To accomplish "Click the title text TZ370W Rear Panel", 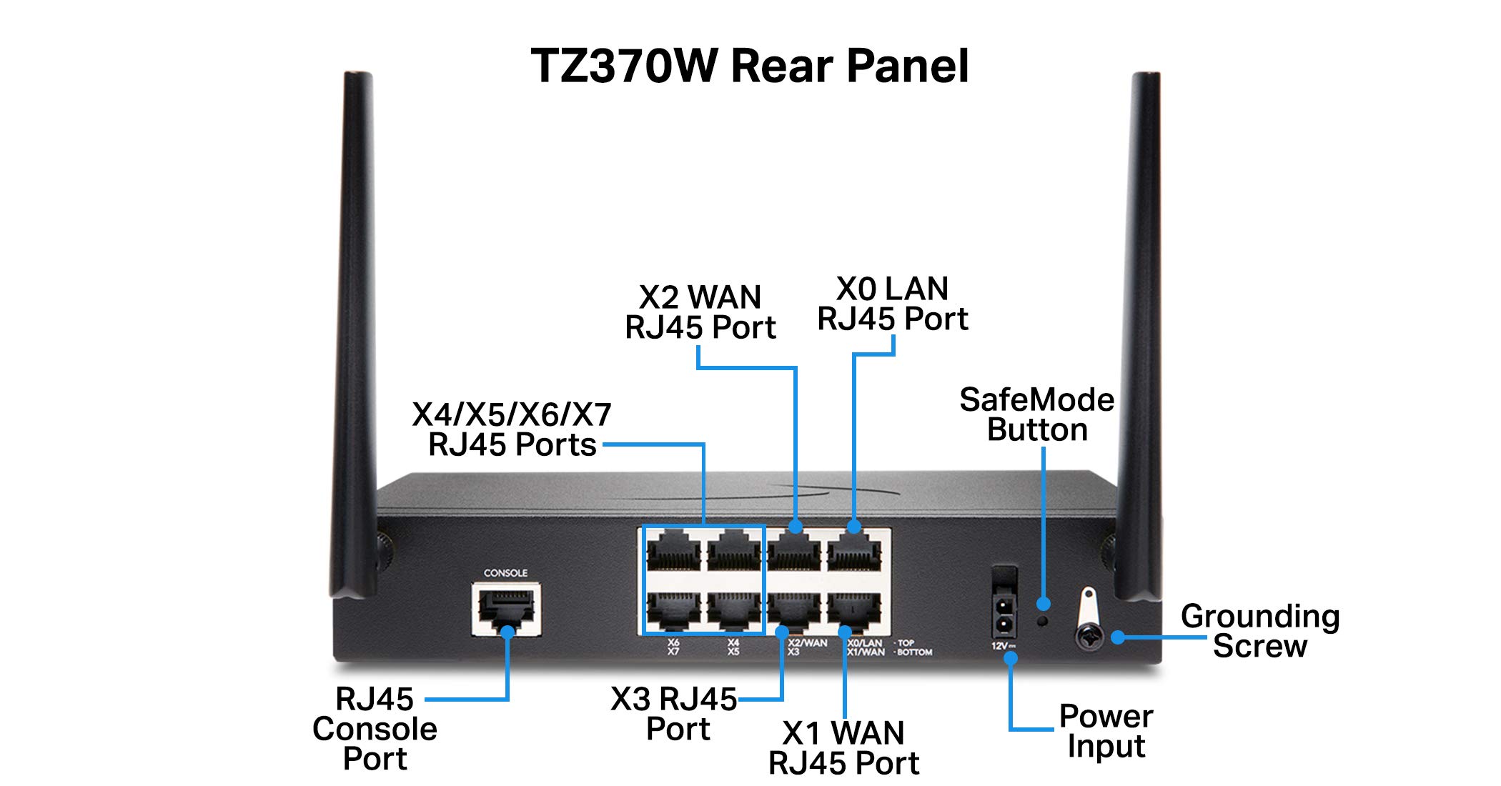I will (x=749, y=66).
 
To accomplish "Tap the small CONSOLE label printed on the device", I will (x=505, y=573).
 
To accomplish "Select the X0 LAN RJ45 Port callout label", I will (x=893, y=304).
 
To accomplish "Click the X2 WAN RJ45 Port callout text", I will (x=700, y=312).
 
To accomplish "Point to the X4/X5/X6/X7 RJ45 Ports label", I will (x=512, y=429).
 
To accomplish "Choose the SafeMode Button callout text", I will (x=1036, y=415).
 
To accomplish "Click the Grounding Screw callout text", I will (x=1259, y=631).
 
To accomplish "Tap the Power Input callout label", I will (x=1106, y=731).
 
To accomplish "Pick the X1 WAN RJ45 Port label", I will (x=843, y=748).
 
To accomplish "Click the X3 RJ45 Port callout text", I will (x=673, y=714).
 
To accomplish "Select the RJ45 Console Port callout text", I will (x=375, y=729).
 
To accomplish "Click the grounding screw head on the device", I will (x=1090, y=636).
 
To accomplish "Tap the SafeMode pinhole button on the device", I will (x=1043, y=621).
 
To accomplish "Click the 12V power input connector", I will (x=1004, y=616).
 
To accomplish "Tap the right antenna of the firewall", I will (x=1141, y=322).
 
